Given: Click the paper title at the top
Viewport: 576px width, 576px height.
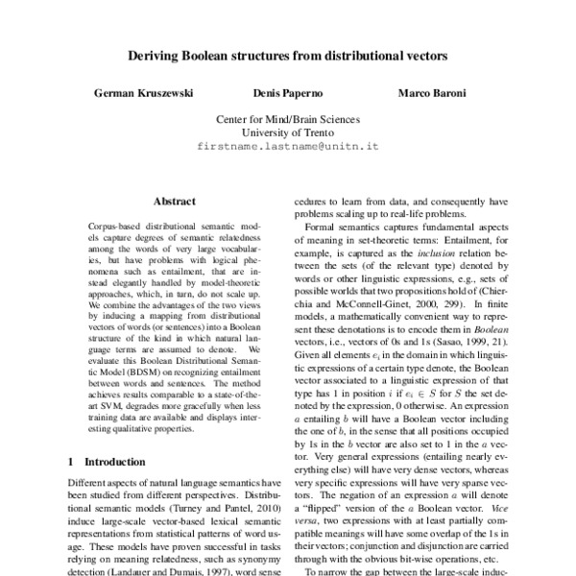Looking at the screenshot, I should (x=288, y=57).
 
